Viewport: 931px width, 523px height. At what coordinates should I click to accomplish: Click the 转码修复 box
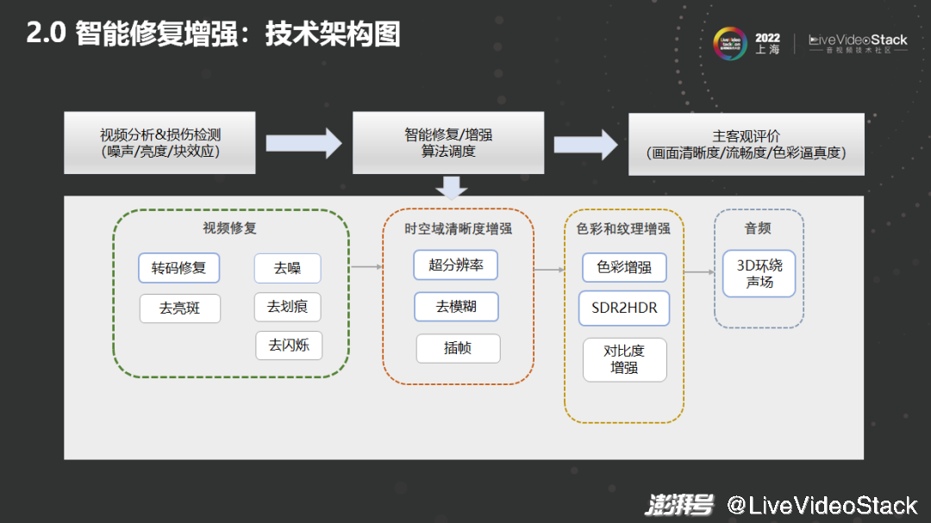coord(179,268)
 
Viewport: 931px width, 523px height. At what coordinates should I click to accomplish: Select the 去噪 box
coord(287,268)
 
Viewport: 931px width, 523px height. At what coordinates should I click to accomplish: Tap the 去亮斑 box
coord(179,308)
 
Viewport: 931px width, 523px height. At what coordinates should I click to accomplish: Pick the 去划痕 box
coord(287,307)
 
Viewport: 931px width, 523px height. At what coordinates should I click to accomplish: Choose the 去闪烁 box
coord(289,346)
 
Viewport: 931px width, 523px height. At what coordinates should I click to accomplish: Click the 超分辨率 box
coord(456,265)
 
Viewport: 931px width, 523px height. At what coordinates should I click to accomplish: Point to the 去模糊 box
coord(456,307)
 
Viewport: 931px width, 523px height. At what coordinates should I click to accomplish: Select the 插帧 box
coord(458,348)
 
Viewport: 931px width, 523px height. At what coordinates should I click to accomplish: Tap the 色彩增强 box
coord(624,267)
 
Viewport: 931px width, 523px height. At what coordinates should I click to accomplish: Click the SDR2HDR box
coord(624,308)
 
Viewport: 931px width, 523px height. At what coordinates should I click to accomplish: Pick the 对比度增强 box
coord(624,359)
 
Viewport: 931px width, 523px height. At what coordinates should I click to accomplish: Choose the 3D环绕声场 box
coord(759,274)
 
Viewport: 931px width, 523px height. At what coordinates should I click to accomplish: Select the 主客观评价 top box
coord(746,144)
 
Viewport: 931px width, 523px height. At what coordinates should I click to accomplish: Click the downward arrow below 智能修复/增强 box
coord(451,186)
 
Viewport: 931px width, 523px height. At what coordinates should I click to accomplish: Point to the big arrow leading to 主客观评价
coord(585,143)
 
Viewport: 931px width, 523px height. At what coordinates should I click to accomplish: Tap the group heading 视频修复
coord(229,228)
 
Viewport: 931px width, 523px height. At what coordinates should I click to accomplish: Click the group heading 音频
coord(758,228)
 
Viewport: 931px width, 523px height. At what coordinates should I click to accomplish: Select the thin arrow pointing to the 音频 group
coord(699,272)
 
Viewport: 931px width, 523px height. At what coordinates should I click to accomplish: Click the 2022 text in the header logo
coord(767,38)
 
